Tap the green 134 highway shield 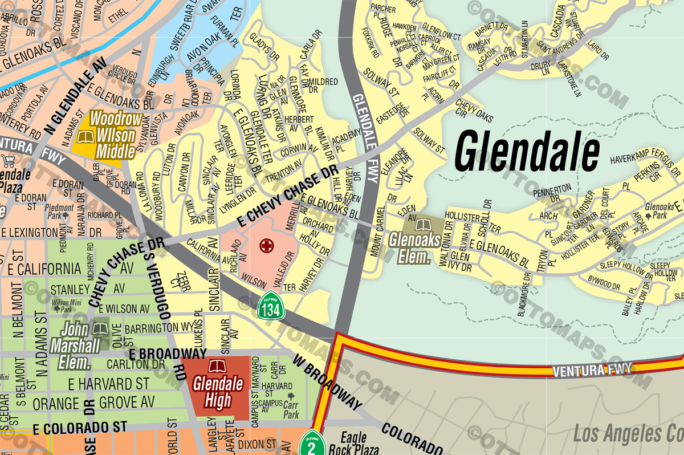point(270,306)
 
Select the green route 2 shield point(311,443)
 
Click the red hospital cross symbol point(266,246)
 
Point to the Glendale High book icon point(217,367)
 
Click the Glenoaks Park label point(659,212)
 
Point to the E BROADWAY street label point(154,353)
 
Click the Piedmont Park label point(60,212)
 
